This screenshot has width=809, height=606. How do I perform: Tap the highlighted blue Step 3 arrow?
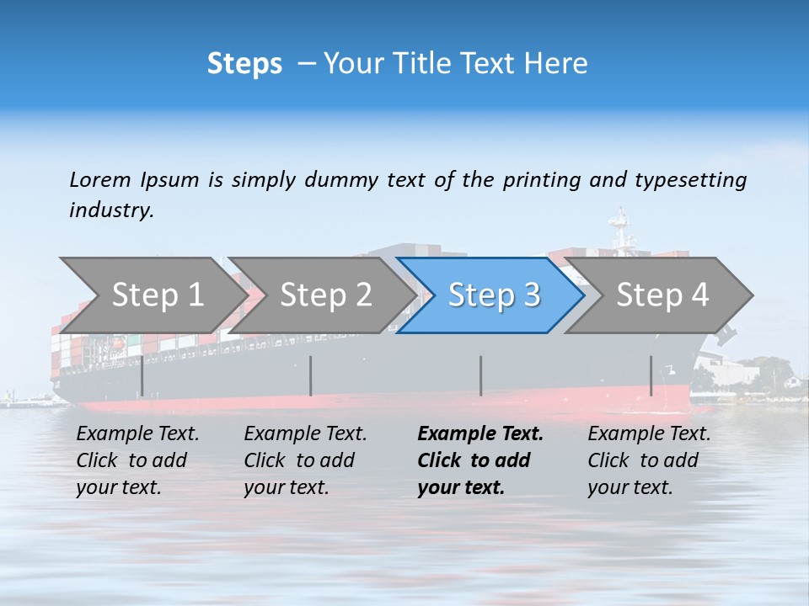[493, 295]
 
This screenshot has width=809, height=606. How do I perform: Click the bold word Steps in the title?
[244, 64]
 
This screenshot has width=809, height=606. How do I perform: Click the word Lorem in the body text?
[99, 179]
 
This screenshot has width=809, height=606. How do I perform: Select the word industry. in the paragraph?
[111, 210]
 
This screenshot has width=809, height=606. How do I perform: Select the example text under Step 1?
[137, 460]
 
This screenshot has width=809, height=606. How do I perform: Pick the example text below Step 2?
[305, 460]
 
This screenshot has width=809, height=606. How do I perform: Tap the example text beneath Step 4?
[649, 460]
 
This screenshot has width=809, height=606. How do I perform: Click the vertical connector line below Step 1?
[142, 376]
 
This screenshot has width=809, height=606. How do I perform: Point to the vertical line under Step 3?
[480, 376]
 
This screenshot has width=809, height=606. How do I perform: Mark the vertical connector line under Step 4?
[651, 376]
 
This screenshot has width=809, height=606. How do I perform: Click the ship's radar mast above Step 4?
[621, 231]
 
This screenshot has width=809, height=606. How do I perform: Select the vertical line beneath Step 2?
[311, 376]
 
